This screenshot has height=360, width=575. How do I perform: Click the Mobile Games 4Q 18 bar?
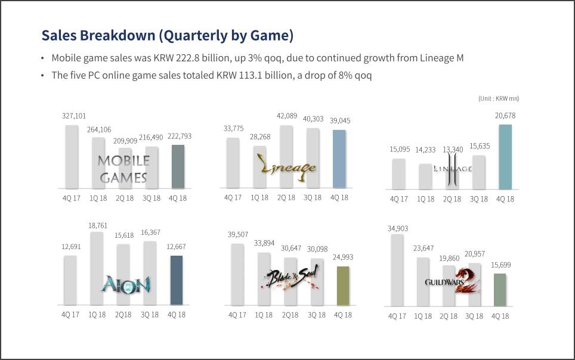178,167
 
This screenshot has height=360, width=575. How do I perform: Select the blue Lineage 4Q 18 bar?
339,159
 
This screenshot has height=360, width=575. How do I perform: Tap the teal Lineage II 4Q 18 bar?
505,157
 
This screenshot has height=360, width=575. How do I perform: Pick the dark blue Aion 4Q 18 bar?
177,281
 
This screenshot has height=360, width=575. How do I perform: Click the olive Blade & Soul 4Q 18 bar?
343,286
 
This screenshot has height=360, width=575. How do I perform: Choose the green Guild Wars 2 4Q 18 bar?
500,290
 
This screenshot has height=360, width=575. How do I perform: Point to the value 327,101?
74,116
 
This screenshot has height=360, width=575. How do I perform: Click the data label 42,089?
287,116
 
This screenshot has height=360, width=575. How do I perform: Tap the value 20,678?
505,116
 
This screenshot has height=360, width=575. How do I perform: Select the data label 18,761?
98,225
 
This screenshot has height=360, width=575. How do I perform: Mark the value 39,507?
237,234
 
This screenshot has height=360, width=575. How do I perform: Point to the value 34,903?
397,228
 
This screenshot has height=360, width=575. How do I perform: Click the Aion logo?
125,284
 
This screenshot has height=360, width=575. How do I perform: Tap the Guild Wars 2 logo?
453,281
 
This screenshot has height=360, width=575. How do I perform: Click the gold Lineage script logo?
287,168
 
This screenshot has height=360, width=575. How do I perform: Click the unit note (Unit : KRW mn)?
499,98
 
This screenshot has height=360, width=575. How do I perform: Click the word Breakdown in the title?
118,36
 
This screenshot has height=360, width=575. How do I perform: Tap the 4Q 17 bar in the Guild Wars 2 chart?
397,271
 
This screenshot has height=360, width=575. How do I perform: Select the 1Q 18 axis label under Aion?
97,315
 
